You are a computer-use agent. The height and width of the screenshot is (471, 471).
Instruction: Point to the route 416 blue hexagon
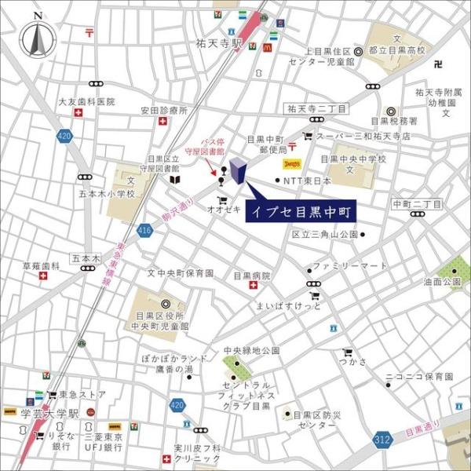144,230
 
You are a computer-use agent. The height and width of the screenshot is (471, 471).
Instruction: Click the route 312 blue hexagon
382,438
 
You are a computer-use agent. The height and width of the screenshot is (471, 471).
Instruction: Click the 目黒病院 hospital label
251,276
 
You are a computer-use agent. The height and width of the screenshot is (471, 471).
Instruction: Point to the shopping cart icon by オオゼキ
221,199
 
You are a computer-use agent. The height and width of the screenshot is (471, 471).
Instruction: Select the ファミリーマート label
349,266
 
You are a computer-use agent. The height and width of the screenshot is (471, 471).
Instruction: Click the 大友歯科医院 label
86,102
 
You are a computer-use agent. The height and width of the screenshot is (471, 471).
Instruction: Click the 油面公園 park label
442,281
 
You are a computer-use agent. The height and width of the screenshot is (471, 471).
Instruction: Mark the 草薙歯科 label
41,265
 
